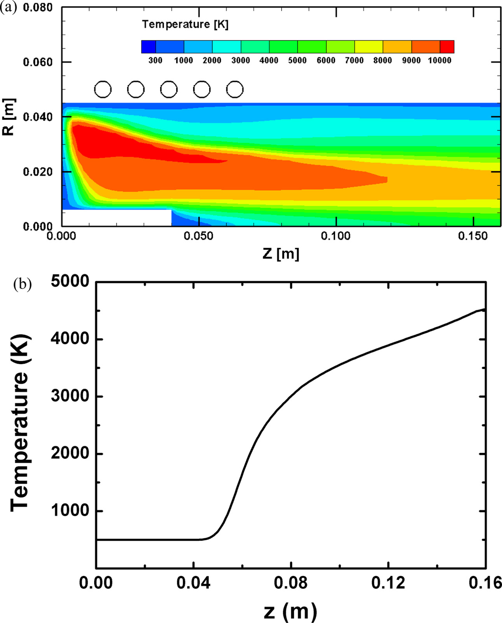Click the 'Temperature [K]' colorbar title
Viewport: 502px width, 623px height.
click(x=185, y=25)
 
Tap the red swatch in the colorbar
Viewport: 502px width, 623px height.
click(x=447, y=47)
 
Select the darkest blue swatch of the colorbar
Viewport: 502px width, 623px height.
click(x=149, y=47)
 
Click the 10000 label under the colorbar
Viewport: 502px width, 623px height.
click(x=439, y=60)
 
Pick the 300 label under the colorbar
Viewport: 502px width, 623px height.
click(x=156, y=60)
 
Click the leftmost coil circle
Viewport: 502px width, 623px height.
click(x=103, y=89)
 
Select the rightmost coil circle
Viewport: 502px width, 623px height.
click(x=235, y=89)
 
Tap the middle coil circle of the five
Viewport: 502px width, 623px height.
click(x=169, y=89)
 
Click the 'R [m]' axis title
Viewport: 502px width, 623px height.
click(x=9, y=117)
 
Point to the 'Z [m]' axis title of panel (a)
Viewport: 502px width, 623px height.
click(x=281, y=254)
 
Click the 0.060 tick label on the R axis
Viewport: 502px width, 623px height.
click(x=38, y=62)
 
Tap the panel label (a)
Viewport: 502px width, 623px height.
click(x=9, y=8)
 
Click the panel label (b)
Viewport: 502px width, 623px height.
click(x=22, y=284)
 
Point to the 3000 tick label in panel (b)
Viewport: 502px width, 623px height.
click(x=70, y=397)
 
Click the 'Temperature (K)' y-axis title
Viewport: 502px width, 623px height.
click(x=19, y=422)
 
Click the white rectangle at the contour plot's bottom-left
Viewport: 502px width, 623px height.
click(x=117, y=218)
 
